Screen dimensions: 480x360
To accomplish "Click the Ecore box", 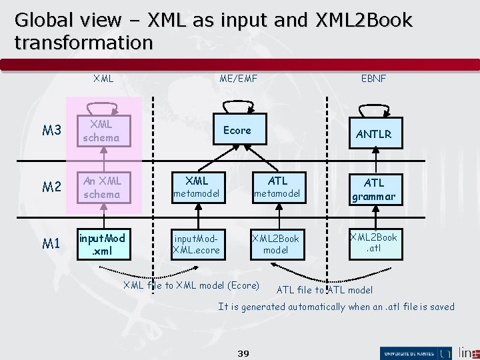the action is click(x=237, y=131).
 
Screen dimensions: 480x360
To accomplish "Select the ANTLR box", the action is click(x=374, y=134).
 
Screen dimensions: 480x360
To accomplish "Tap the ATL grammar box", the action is click(x=374, y=189).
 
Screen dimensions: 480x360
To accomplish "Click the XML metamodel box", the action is click(x=197, y=187).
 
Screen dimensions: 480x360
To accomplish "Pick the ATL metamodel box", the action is click(x=277, y=187).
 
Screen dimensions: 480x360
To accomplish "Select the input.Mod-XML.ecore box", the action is click(x=197, y=244).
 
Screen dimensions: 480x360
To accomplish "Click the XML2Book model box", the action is click(x=275, y=244).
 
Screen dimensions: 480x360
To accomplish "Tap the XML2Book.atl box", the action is click(x=374, y=243).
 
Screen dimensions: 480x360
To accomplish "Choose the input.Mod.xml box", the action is click(x=102, y=244).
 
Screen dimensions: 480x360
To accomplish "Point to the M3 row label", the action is click(x=51, y=131).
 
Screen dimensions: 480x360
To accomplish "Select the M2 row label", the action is click(x=51, y=188).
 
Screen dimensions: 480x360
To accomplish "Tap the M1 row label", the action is click(x=51, y=244).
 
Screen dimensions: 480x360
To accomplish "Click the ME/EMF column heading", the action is click(x=238, y=79).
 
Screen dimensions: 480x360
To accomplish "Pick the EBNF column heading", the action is click(x=373, y=79).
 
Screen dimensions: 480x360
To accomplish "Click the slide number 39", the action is click(x=243, y=353).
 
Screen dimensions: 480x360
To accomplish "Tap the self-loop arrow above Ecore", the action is click(x=237, y=105).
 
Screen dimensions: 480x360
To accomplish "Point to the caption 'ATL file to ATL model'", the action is click(x=325, y=290).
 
